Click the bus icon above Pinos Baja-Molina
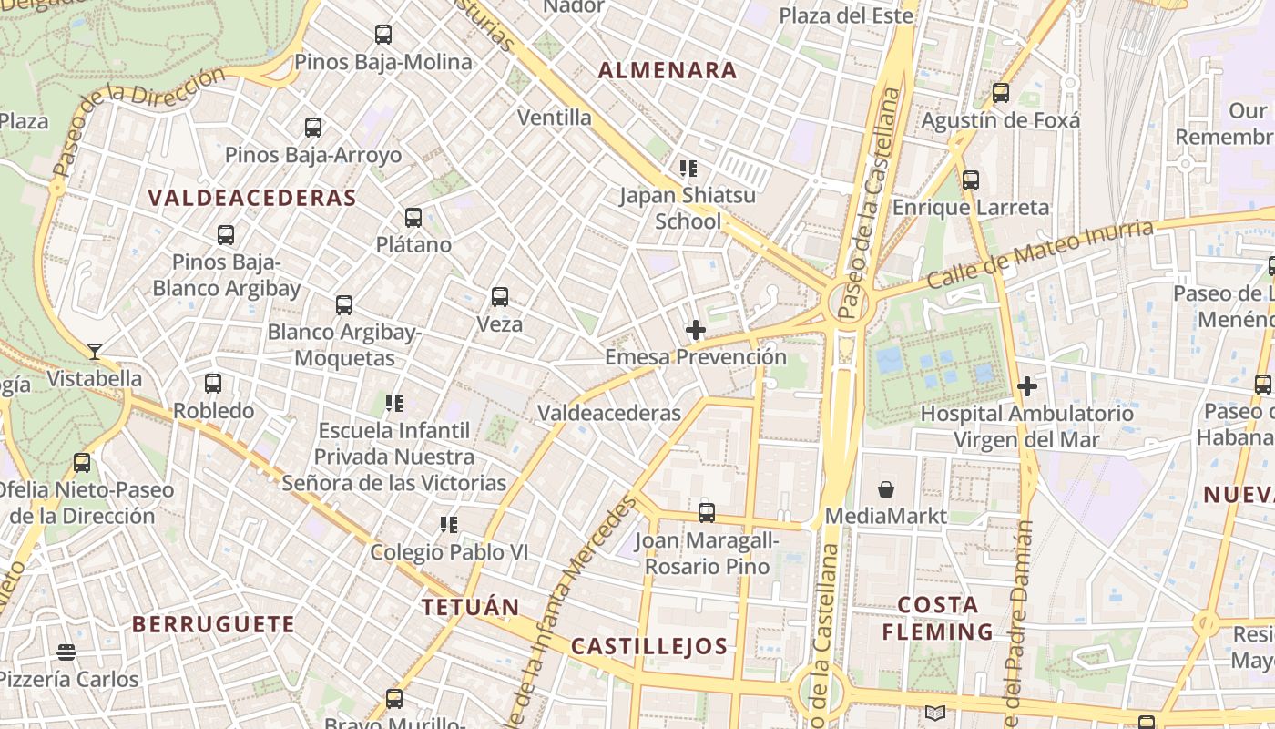383,35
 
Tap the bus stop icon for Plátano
413,217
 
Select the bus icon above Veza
500,296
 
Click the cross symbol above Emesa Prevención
696,329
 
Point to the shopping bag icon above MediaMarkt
885,489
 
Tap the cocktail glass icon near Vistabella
95,351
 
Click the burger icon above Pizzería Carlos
66,652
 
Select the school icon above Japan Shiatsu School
688,168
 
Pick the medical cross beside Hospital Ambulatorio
1027,386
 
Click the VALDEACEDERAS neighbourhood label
251,198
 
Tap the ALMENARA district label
668,70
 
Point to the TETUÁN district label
471,607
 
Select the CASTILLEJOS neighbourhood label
649,647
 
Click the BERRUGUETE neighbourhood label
214,624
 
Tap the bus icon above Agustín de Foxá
1001,92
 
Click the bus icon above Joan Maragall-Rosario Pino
707,513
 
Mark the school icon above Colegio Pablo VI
448,524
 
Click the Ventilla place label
555,118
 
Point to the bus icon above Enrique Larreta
971,180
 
